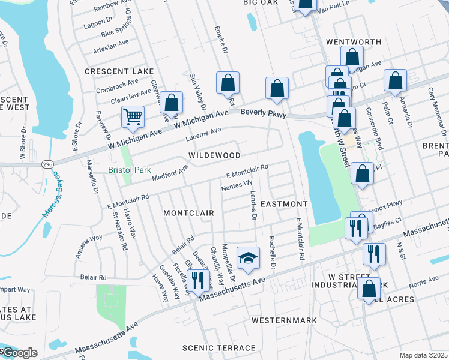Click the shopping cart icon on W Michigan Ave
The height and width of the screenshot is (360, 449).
[x=133, y=116]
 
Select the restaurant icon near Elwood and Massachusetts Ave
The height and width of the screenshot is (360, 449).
[x=196, y=280]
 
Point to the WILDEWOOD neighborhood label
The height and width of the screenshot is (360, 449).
[x=214, y=155]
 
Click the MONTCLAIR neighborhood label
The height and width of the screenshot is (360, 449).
[x=185, y=213]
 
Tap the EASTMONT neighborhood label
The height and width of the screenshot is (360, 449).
[x=284, y=205]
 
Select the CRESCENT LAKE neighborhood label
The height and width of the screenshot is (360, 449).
[x=119, y=71]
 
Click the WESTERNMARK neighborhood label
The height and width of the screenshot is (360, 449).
[x=284, y=320]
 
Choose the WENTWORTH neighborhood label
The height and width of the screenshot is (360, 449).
[x=354, y=42]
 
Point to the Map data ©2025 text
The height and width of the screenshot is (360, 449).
[x=423, y=355]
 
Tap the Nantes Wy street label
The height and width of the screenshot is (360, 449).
[x=237, y=187]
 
